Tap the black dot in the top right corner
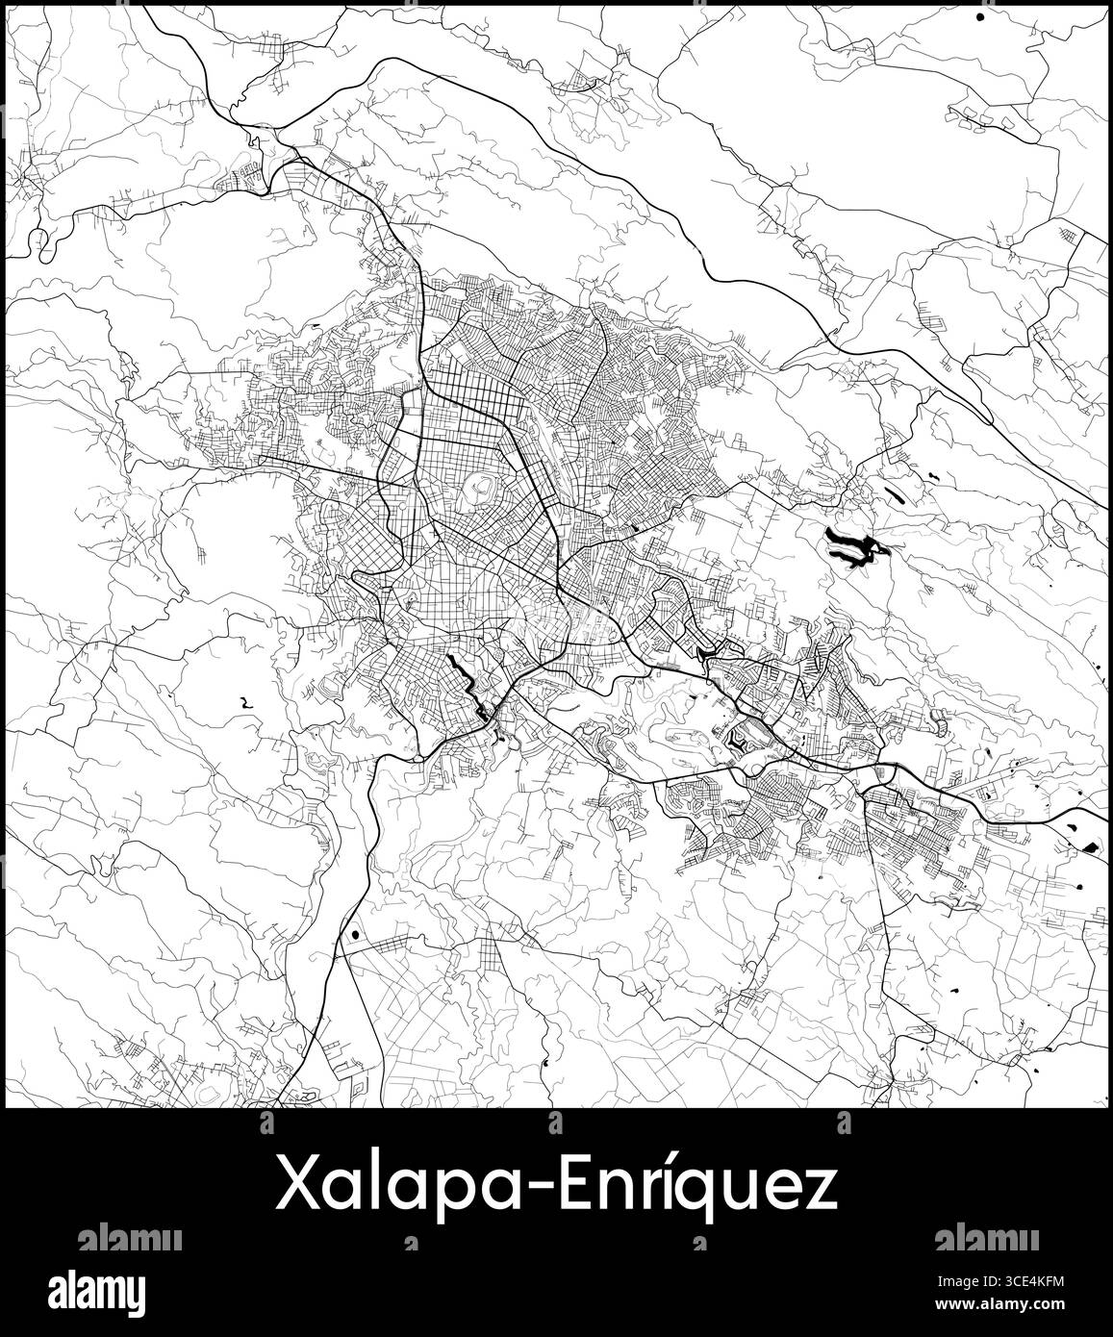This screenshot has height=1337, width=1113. (x=980, y=16)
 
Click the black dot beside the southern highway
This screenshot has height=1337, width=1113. (x=356, y=932)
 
